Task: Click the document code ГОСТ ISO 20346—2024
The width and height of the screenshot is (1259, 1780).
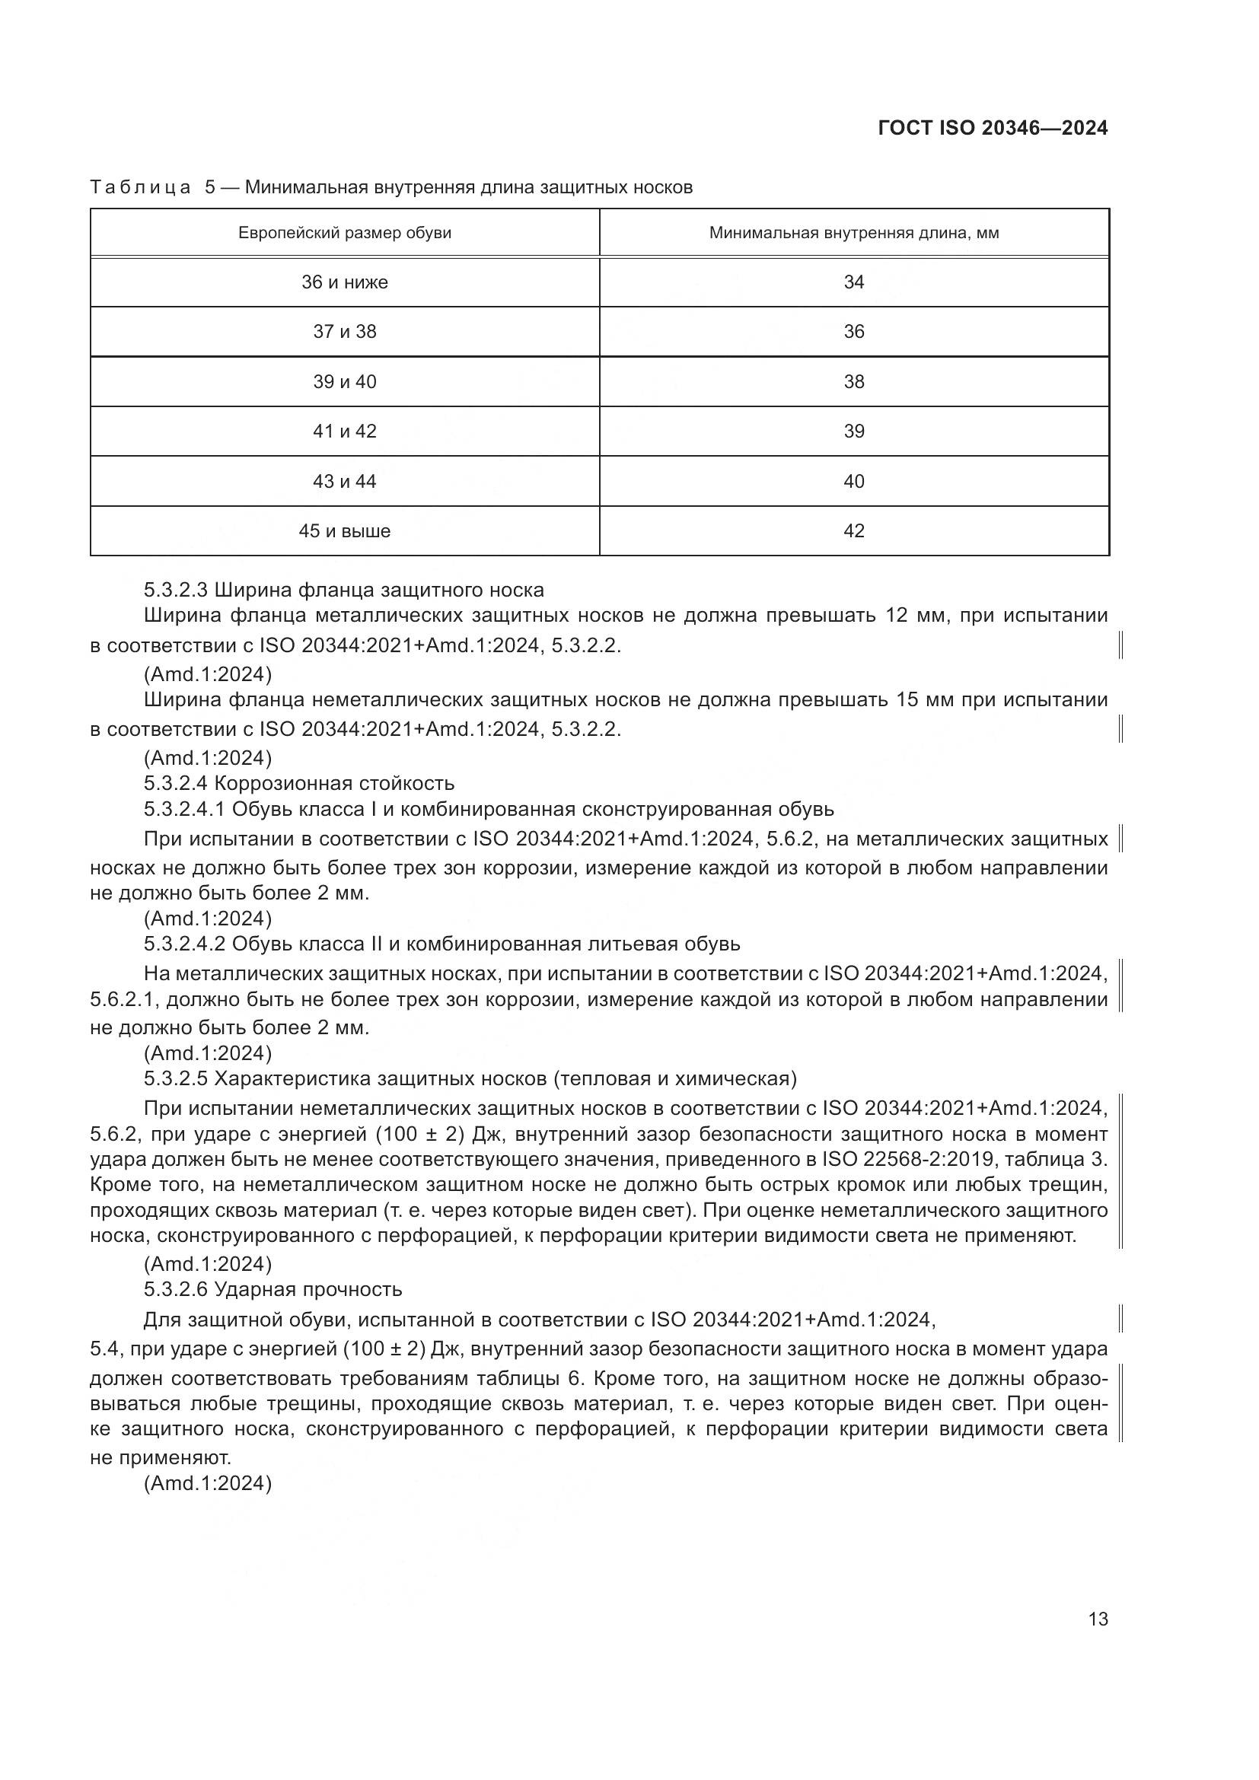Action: (993, 129)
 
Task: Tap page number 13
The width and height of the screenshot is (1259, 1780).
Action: (1098, 1619)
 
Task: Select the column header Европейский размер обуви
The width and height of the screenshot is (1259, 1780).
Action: (344, 233)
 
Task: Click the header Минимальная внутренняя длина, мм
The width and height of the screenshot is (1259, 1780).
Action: (853, 233)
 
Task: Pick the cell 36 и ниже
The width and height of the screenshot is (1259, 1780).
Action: (344, 282)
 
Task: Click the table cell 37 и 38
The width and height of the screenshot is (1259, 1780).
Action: (344, 332)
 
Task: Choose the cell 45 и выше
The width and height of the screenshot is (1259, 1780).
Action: (344, 531)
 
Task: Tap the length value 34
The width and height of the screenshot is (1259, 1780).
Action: (853, 282)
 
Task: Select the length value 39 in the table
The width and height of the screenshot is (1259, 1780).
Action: (853, 431)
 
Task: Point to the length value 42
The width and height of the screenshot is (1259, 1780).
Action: (853, 531)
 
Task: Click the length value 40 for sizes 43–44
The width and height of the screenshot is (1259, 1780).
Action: (853, 482)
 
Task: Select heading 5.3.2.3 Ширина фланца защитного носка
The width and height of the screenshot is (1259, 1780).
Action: (343, 590)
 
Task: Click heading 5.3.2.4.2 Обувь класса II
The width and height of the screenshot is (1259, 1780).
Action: (442, 944)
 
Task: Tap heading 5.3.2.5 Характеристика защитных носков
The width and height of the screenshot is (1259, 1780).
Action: (470, 1078)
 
